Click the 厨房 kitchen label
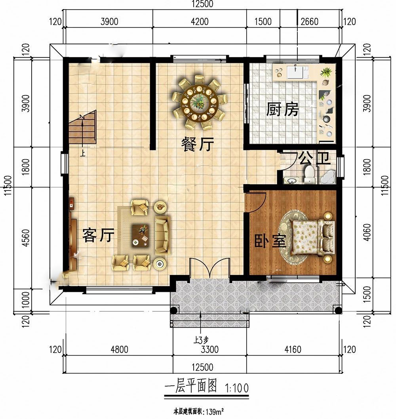point(282,110)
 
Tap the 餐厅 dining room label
point(198,144)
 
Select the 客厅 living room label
point(98,235)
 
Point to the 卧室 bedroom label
point(270,241)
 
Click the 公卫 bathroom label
point(314,158)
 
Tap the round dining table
point(199,101)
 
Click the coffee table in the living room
point(141,235)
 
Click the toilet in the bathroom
point(309,175)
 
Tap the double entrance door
point(210,268)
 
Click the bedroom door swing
point(256,202)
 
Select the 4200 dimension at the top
point(200,21)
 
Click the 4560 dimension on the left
point(26,238)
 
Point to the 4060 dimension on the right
point(367,232)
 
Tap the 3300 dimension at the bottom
point(209,350)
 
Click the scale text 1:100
point(237,388)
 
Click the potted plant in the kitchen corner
point(326,72)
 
